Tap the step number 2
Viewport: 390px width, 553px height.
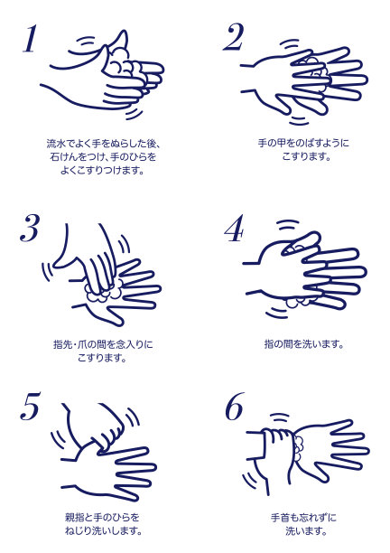(x=233, y=38)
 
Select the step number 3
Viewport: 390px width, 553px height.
(x=29, y=229)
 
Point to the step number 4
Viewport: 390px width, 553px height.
(x=234, y=229)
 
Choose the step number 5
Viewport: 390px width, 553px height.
(x=30, y=406)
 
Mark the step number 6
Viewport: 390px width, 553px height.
(x=235, y=407)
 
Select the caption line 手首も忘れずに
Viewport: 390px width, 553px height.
(x=303, y=518)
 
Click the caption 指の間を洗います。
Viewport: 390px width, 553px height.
(x=303, y=344)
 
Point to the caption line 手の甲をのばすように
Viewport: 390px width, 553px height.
(x=303, y=143)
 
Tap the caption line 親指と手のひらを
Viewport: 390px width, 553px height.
(x=102, y=518)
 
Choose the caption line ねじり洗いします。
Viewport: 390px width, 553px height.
(x=103, y=530)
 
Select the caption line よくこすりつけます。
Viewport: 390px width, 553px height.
(x=102, y=171)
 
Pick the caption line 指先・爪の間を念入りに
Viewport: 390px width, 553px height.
(x=103, y=344)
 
